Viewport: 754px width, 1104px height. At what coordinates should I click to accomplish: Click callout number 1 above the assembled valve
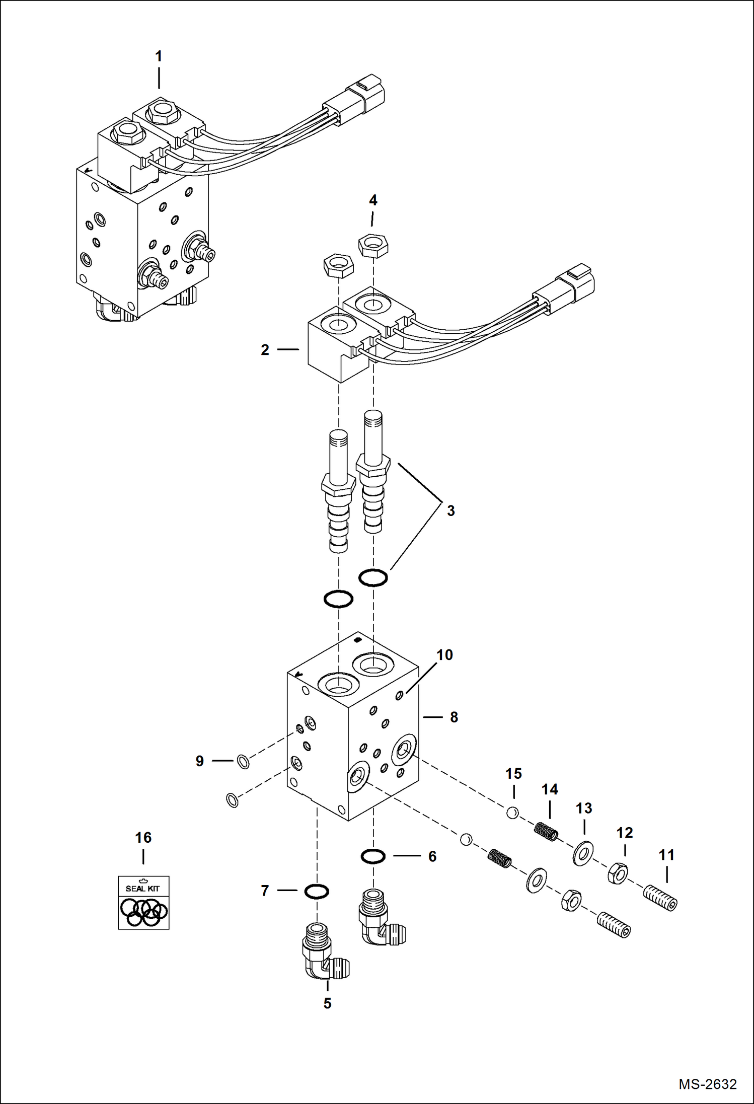[x=159, y=56]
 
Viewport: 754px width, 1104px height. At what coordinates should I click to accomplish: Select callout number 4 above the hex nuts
[x=373, y=200]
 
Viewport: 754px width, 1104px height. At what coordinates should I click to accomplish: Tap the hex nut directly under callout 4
[x=373, y=246]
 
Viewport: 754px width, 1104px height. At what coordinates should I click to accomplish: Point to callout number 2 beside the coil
[x=265, y=350]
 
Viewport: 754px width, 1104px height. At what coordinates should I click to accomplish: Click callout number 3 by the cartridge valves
[x=450, y=510]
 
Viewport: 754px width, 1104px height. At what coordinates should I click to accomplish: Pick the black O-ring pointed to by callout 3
[x=373, y=577]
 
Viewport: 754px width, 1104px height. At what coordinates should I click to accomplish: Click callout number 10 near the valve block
[x=444, y=655]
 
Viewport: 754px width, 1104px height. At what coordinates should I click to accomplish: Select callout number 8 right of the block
[x=454, y=717]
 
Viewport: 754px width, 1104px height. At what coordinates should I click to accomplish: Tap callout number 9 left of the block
[x=200, y=761]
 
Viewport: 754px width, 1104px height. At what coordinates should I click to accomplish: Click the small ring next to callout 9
[x=243, y=762]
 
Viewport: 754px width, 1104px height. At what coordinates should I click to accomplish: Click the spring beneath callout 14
[x=547, y=831]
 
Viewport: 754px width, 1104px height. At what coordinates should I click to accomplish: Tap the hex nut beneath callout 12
[x=617, y=873]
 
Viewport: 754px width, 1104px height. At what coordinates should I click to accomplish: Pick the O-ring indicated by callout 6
[x=373, y=856]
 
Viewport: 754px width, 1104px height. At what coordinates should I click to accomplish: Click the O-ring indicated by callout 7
[x=317, y=892]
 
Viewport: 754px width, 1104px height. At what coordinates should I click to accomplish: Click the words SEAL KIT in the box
[x=142, y=889]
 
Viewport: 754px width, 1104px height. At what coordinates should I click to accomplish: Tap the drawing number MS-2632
[x=707, y=1084]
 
